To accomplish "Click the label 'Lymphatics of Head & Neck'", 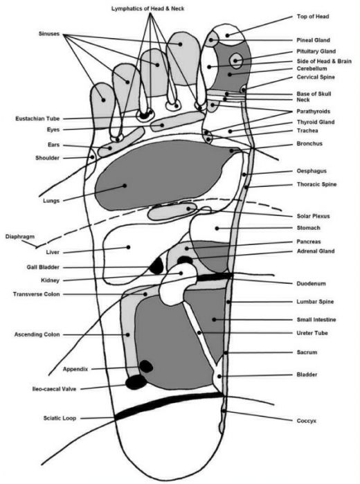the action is point(148,8).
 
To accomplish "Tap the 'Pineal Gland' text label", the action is point(313,40).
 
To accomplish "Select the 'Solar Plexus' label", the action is point(313,216).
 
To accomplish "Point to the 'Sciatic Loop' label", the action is point(60,418).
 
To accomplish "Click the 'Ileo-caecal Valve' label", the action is point(54,389).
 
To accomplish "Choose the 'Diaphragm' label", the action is point(20,237).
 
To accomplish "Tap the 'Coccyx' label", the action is point(306,421).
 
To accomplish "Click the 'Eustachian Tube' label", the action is point(37,118).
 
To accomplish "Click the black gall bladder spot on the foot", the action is point(156,266).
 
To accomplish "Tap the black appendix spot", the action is point(146,366).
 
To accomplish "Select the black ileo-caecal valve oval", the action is point(136,382).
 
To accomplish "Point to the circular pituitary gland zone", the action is point(236,60).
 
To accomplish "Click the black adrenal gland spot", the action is point(185,260).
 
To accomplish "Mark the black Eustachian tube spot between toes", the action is point(144,116).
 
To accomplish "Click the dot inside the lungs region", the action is point(125,186).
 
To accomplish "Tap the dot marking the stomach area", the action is point(217,228).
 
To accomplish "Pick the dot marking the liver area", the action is point(129,247).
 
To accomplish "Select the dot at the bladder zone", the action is point(219,376).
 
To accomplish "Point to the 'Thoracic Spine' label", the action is point(316,185).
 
